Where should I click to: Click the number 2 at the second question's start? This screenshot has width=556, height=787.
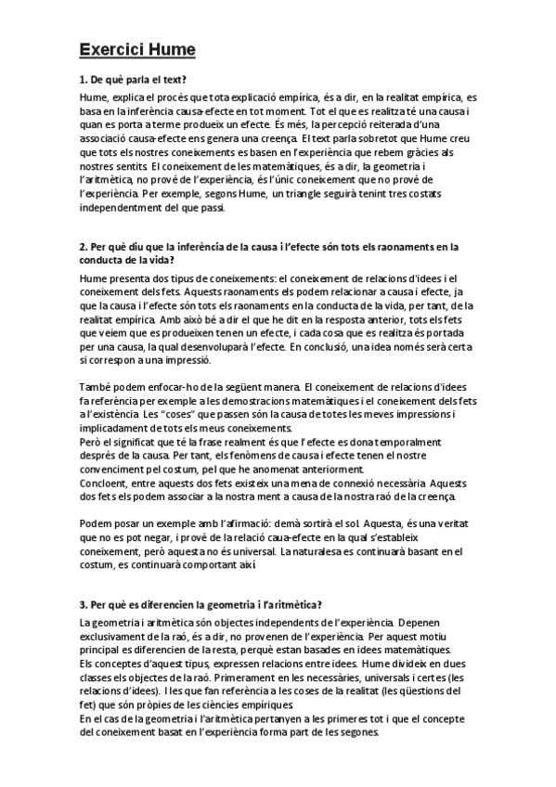[x=84, y=247]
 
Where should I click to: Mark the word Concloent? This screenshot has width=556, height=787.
[x=107, y=483]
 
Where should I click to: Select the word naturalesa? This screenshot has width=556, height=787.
[x=348, y=552]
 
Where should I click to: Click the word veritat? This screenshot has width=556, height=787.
[x=457, y=523]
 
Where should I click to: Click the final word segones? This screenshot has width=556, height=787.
[x=349, y=733]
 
